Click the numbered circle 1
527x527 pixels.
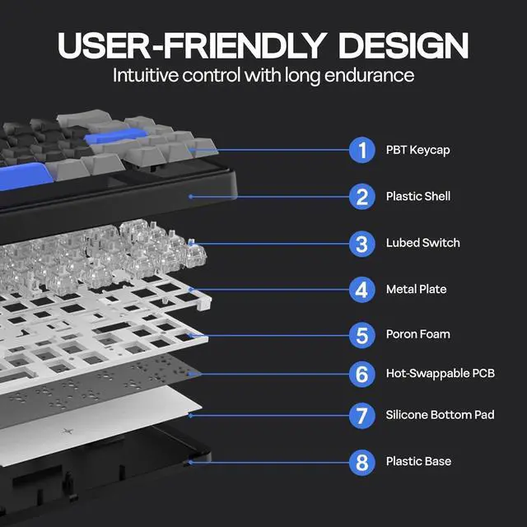click(x=361, y=151)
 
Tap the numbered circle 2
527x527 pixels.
click(x=361, y=197)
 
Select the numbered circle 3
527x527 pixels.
click(x=361, y=244)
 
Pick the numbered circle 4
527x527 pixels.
click(x=361, y=290)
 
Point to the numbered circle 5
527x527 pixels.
click(x=361, y=335)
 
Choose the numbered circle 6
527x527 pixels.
click(x=361, y=374)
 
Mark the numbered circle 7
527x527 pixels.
click(x=361, y=415)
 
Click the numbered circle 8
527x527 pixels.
click(x=361, y=462)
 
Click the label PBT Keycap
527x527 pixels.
click(x=417, y=151)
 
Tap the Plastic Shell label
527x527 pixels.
click(x=417, y=197)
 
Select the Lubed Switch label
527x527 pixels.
click(x=422, y=243)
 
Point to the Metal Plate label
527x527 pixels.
click(x=416, y=290)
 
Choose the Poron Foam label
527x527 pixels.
click(x=417, y=335)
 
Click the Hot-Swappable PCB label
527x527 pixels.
click(x=440, y=374)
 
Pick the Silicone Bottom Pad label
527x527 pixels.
click(x=440, y=414)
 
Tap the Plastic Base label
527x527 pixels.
click(x=418, y=461)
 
